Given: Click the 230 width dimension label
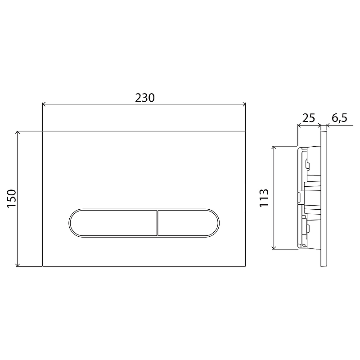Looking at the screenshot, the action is pyautogui.click(x=144, y=98).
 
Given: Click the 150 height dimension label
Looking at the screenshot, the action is pyautogui.click(x=12, y=198).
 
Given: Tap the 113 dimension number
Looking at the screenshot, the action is pyautogui.click(x=264, y=198).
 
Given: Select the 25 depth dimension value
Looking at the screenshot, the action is pyautogui.click(x=309, y=118).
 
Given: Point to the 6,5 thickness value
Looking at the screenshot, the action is pyautogui.click(x=339, y=118).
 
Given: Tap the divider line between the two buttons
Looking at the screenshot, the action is pyautogui.click(x=157, y=223).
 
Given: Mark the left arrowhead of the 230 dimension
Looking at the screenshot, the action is pyautogui.click(x=44, y=104).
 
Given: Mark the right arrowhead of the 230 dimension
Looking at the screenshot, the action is pyautogui.click(x=244, y=104).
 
